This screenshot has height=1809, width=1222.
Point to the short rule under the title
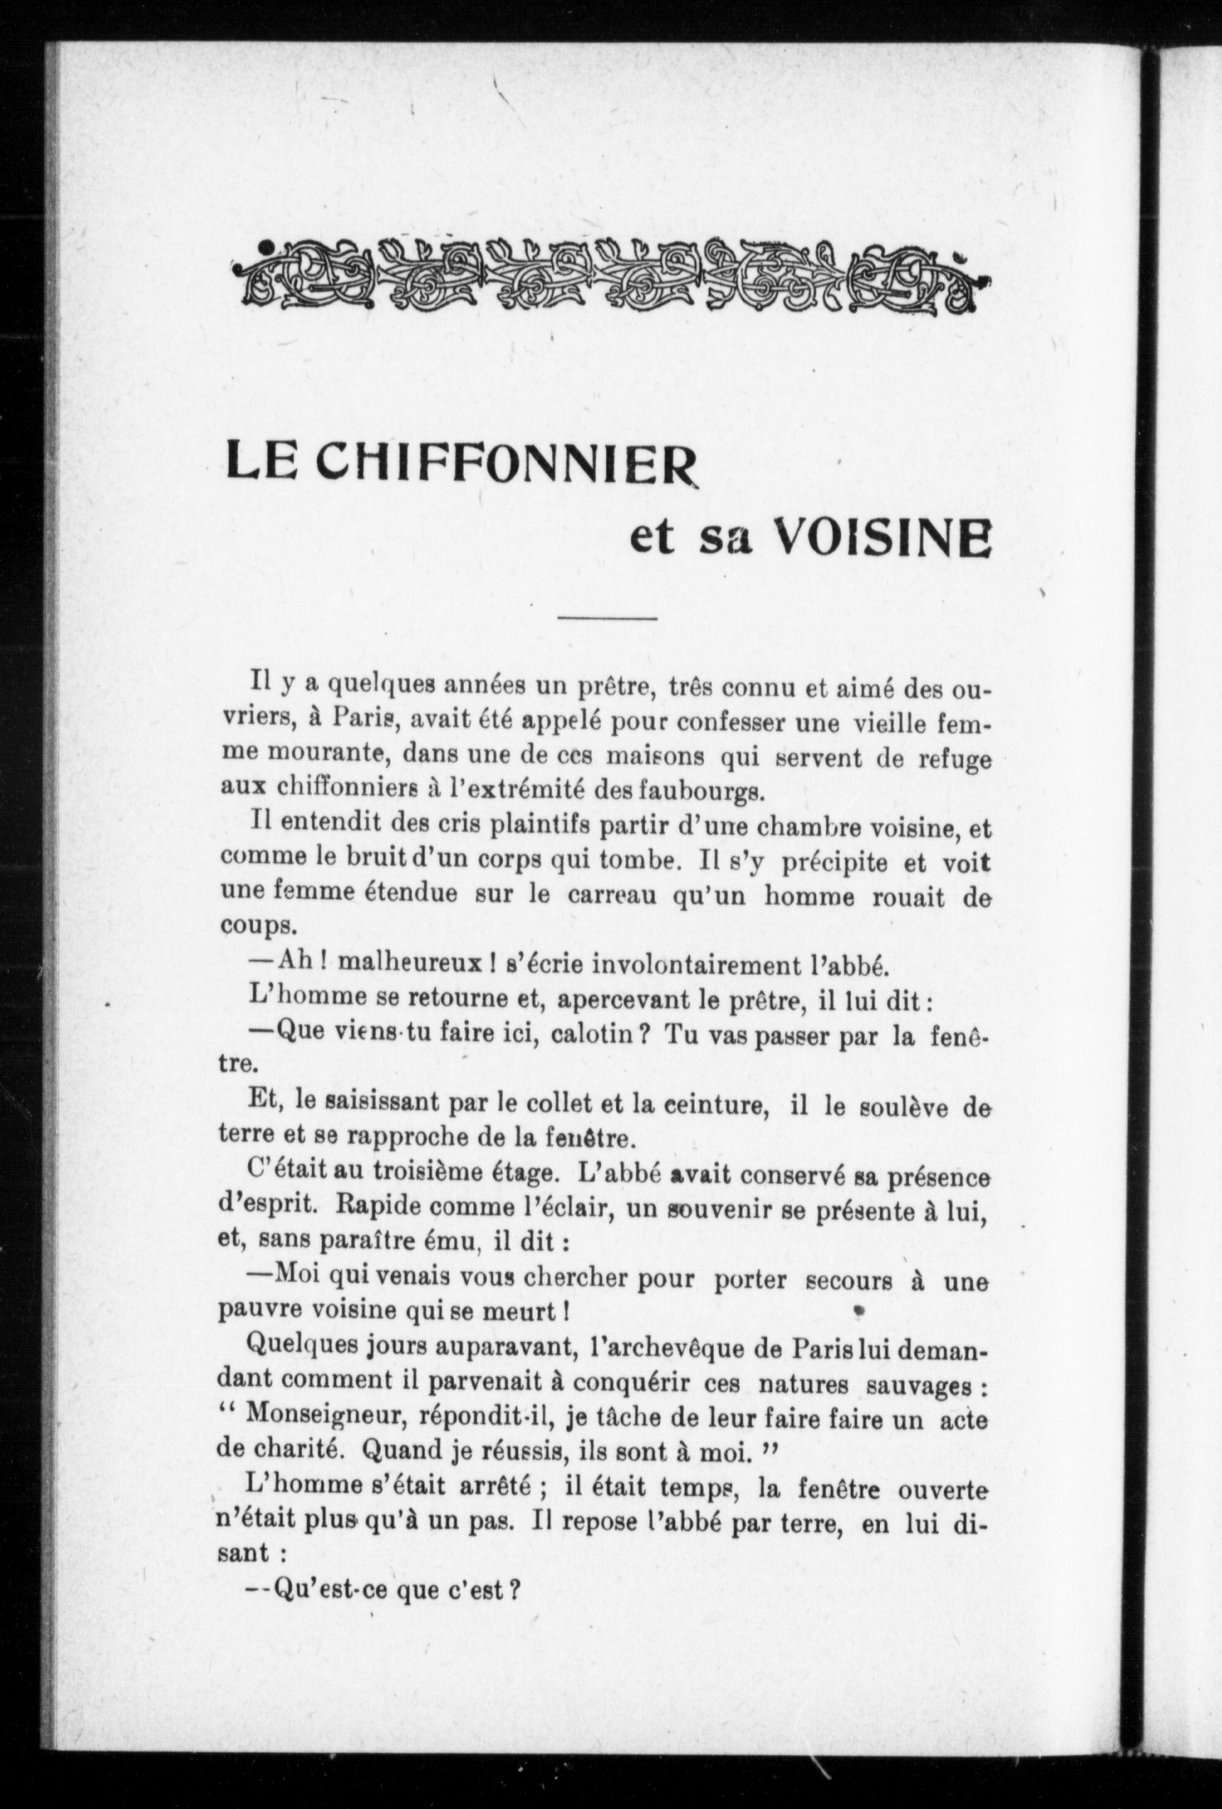pyautogui.click(x=607, y=619)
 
